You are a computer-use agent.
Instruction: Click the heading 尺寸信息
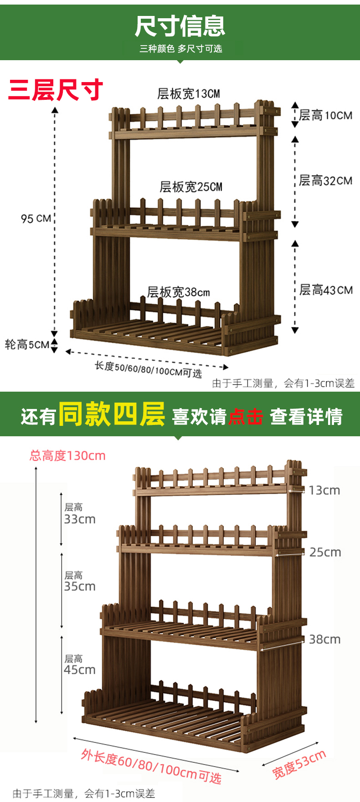(180, 26)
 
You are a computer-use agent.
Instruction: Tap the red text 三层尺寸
(56, 89)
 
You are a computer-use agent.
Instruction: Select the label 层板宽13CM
(188, 94)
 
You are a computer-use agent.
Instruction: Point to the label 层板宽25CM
(190, 187)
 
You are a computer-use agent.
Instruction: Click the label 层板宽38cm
(178, 292)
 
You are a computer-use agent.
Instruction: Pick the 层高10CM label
(325, 115)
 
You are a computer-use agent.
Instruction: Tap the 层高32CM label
(325, 181)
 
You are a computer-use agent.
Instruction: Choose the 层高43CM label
(326, 290)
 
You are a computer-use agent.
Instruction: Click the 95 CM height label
(36, 218)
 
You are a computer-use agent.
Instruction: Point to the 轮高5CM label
(27, 345)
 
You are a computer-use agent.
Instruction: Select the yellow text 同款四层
(112, 414)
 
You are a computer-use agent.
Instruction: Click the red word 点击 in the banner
(246, 417)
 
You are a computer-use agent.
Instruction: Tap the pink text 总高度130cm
(67, 455)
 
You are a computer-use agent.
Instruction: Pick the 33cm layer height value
(80, 519)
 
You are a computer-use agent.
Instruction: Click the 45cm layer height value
(80, 670)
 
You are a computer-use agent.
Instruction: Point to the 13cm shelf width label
(324, 491)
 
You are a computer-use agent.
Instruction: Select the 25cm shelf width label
(325, 553)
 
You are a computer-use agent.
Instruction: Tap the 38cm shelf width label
(324, 640)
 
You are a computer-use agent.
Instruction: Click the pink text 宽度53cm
(299, 764)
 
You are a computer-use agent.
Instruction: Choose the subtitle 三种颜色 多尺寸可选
(180, 49)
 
